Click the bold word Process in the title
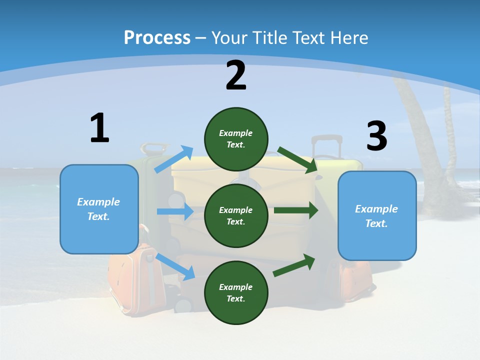(157, 37)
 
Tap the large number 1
(99, 128)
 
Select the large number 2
(236, 75)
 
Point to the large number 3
(376, 136)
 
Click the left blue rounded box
(99, 209)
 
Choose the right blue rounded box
(377, 216)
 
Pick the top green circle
(236, 139)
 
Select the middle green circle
(236, 215)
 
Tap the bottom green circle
(236, 292)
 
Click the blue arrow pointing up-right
(173, 159)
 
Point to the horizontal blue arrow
(175, 211)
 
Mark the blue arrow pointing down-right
(175, 266)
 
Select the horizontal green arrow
(295, 210)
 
